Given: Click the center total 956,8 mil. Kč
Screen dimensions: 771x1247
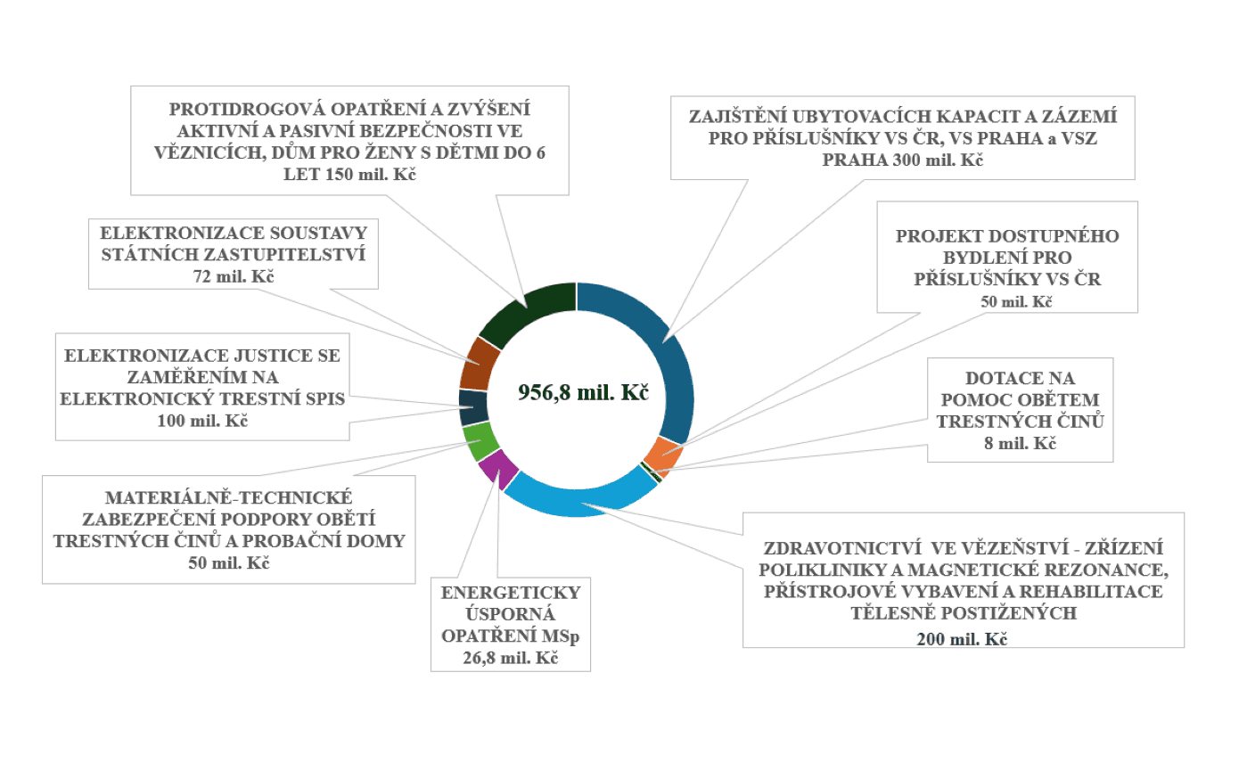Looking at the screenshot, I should [583, 393].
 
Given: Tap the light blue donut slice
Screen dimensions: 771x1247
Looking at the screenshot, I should [579, 500].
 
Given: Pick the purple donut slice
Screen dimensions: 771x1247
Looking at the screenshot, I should [497, 469].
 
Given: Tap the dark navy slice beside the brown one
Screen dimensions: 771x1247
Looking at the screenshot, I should [472, 407].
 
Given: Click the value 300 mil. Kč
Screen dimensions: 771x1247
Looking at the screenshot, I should [947, 161].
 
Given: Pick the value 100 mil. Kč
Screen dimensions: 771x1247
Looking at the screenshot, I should [201, 419].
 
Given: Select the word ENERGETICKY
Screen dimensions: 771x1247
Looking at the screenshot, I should [511, 593].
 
